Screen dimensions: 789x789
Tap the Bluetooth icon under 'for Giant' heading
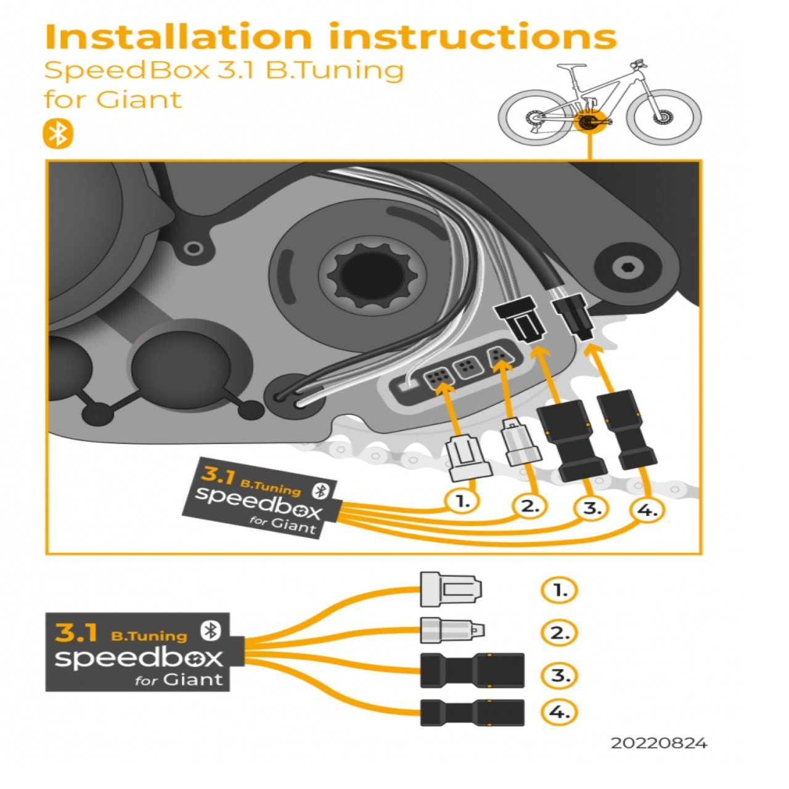tap(57, 134)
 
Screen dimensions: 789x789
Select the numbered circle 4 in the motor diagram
tap(647, 510)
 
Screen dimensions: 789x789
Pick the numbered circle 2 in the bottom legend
tap(559, 633)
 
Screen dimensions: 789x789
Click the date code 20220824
tap(659, 743)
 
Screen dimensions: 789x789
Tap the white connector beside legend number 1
tap(451, 589)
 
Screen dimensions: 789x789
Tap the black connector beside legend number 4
tap(472, 713)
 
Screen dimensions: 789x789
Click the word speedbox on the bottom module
tap(139, 658)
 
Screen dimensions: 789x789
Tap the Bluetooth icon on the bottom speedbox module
tap(211, 630)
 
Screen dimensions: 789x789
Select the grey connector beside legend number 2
tap(452, 631)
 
